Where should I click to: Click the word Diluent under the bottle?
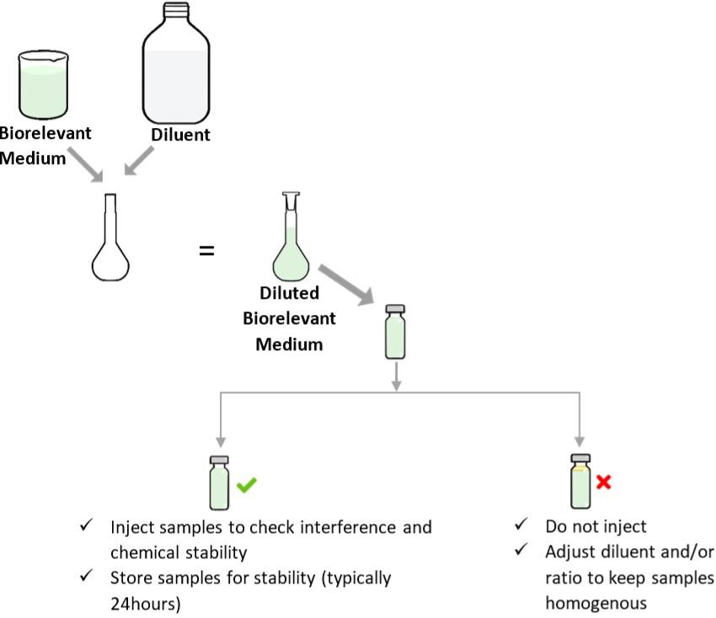coord(181,135)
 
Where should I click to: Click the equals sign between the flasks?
coord(206,251)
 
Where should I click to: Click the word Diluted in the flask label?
coord(290,294)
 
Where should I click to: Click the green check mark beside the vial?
coord(247,485)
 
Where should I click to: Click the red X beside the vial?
coord(603,482)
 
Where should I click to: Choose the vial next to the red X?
coord(580,482)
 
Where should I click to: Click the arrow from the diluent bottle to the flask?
coord(140,162)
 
